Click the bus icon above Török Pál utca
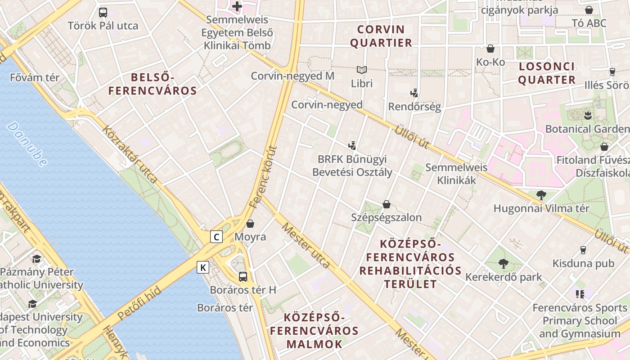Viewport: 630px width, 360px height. click(x=103, y=12)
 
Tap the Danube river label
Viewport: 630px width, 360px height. click(x=27, y=144)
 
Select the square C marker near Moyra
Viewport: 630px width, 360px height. click(x=217, y=236)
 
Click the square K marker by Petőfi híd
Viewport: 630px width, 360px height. click(x=203, y=267)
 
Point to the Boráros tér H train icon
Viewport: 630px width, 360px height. click(x=243, y=276)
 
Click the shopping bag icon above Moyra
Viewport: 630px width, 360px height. click(x=250, y=223)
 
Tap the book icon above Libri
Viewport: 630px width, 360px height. click(x=362, y=70)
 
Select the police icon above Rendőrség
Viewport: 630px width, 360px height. click(x=414, y=93)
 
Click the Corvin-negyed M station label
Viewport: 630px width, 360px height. click(x=292, y=76)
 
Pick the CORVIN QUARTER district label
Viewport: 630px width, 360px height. click(x=381, y=36)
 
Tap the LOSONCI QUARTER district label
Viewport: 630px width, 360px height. click(x=547, y=73)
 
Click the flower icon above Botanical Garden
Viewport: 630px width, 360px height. click(x=587, y=115)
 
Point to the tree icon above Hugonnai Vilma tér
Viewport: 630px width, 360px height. click(x=541, y=195)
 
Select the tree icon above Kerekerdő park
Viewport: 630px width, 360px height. click(x=504, y=264)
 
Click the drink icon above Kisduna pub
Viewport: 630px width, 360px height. click(x=583, y=250)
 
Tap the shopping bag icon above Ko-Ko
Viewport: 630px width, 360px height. click(x=490, y=49)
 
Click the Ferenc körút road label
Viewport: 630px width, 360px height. click(x=263, y=176)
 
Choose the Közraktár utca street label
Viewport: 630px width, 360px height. click(x=130, y=155)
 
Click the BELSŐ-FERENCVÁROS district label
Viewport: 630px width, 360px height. click(x=153, y=84)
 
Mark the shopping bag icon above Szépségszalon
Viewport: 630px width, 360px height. click(x=386, y=204)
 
